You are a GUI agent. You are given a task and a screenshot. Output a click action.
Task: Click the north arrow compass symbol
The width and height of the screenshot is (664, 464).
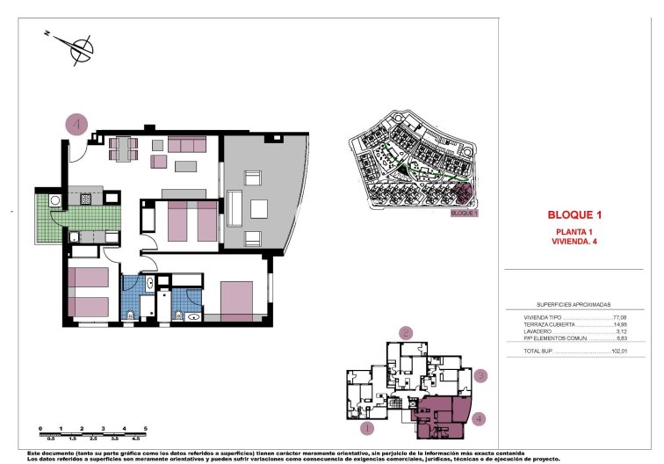(x=82, y=48)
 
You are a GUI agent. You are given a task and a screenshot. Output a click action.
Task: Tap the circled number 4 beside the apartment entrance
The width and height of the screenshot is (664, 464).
(x=76, y=126)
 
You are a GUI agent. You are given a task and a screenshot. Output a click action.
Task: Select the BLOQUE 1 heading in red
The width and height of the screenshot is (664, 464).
(x=574, y=214)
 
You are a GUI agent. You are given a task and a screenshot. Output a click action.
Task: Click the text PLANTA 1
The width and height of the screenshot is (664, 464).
(x=574, y=231)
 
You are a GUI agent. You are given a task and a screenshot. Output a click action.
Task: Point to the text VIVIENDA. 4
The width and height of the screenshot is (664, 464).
(x=574, y=241)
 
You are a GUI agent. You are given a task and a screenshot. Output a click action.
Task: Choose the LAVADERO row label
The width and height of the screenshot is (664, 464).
(x=538, y=331)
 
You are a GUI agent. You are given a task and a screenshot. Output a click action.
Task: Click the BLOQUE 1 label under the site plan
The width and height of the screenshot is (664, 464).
(x=463, y=213)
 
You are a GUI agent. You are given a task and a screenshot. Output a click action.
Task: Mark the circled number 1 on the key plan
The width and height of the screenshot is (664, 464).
(x=368, y=429)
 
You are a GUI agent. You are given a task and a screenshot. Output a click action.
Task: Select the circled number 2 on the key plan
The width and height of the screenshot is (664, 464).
(x=406, y=332)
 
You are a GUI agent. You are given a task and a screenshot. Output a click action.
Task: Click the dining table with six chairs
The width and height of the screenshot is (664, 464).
(x=124, y=149)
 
